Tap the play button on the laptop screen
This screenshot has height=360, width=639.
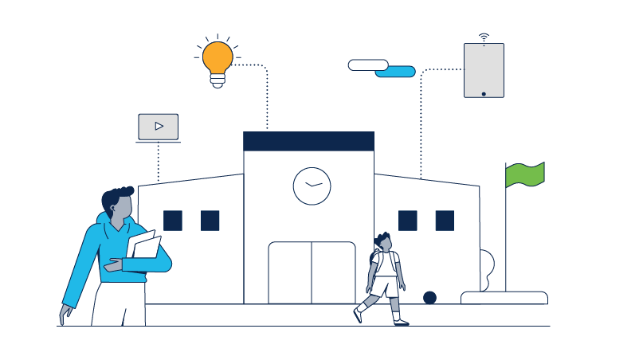(159, 126)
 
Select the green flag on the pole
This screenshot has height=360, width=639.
(525, 174)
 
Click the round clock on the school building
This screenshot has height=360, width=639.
(312, 186)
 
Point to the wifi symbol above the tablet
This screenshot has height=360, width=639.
(484, 37)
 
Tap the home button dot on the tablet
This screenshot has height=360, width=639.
(484, 93)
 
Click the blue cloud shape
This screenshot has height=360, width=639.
(396, 72)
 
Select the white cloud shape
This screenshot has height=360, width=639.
(368, 65)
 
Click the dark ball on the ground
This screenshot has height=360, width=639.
(429, 298)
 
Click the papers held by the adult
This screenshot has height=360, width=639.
(144, 247)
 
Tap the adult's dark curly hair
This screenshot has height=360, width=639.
(118, 196)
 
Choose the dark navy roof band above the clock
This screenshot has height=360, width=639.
(308, 142)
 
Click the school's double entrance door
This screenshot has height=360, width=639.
(312, 272)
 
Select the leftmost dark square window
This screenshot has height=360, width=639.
(173, 221)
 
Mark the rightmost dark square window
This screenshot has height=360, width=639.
(445, 221)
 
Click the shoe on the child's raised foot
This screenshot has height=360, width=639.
(358, 315)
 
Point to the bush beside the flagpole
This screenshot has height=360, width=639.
(487, 266)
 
